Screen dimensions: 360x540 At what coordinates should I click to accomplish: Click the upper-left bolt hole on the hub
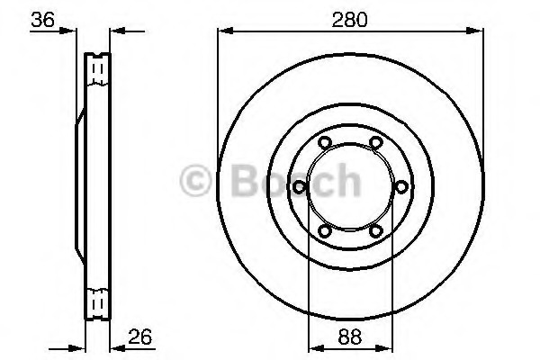(324, 141)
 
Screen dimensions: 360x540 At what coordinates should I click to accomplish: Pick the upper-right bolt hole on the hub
(373, 141)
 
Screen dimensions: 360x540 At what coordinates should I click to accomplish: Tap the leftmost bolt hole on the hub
(298, 186)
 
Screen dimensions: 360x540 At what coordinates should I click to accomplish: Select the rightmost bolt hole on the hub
(400, 186)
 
